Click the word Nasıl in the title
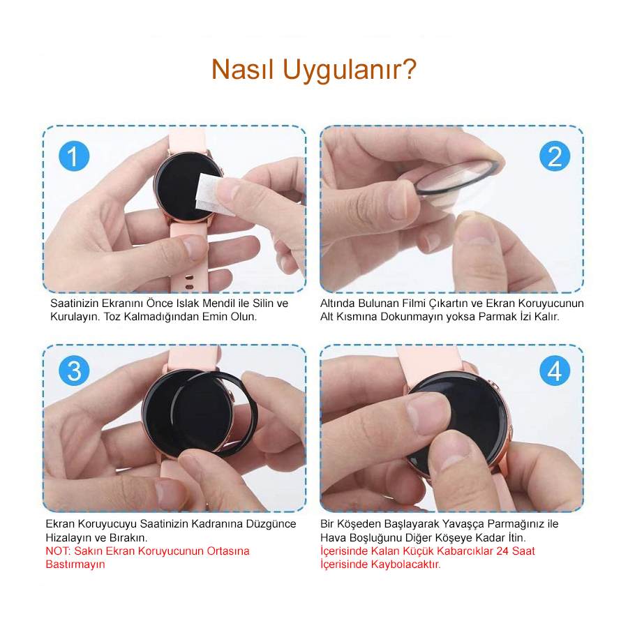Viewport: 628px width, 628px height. (242, 69)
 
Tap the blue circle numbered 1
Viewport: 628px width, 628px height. (74, 156)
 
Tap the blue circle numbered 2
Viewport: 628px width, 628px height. (555, 156)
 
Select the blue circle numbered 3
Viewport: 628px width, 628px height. (74, 371)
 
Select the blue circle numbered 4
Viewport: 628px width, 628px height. (555, 371)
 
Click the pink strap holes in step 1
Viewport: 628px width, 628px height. (189, 282)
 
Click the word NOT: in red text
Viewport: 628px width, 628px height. (58, 551)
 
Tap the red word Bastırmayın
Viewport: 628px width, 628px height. (75, 565)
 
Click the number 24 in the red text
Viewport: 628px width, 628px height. (502, 551)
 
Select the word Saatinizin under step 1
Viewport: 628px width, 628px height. (74, 304)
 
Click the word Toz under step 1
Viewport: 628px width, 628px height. (112, 317)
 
